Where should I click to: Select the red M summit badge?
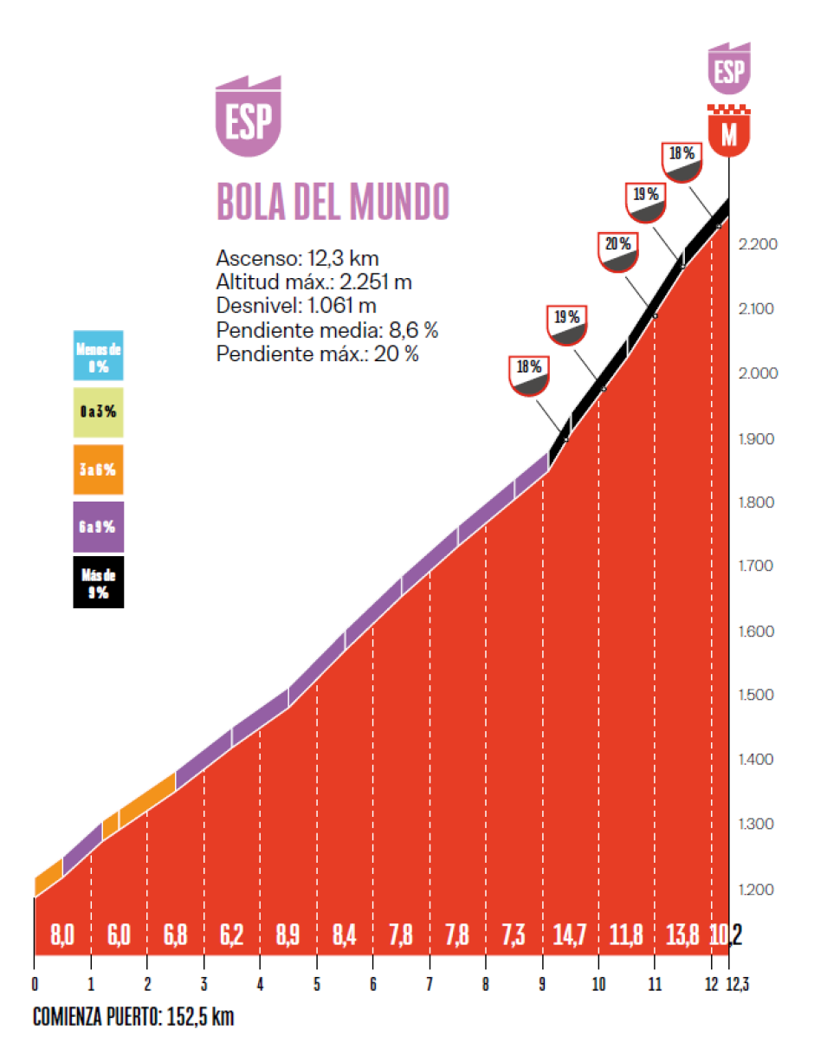(x=729, y=133)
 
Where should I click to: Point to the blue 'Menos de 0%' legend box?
(x=99, y=355)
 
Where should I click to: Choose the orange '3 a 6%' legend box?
(x=99, y=469)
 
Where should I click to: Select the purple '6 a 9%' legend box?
(x=99, y=527)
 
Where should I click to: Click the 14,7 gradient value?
(x=571, y=935)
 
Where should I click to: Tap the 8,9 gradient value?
(x=288, y=935)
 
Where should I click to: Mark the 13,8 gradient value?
(x=682, y=935)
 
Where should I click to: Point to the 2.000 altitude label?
(x=758, y=373)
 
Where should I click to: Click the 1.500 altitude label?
(x=758, y=695)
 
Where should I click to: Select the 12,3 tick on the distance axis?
(x=739, y=986)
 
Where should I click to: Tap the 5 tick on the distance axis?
(x=317, y=986)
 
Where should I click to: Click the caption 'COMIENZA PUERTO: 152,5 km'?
(x=133, y=1018)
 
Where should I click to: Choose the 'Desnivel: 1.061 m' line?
(x=296, y=306)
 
